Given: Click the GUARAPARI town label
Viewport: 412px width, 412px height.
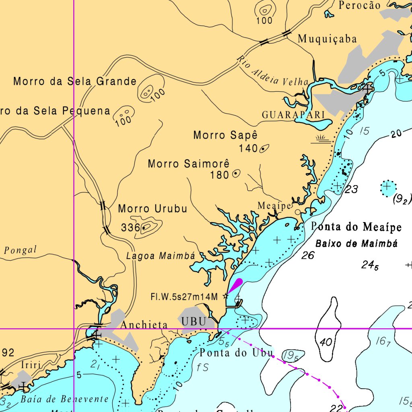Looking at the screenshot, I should [293, 115].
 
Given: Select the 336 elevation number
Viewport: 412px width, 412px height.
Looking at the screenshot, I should [130, 228].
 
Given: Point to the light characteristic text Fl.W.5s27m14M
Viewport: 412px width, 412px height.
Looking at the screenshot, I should [184, 297].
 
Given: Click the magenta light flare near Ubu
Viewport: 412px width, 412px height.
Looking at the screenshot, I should [235, 286].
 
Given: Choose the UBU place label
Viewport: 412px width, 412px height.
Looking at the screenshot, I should [193, 321].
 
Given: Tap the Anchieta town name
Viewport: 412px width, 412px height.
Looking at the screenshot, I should [144, 325].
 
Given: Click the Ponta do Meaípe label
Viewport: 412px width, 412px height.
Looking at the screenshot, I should [356, 227].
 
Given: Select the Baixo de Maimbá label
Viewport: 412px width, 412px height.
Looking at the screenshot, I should [356, 243].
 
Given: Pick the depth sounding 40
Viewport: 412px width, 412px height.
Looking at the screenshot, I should [326, 342].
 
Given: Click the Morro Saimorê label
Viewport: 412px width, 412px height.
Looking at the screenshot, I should [189, 164].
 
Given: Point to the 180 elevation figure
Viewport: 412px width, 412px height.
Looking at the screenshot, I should [219, 175].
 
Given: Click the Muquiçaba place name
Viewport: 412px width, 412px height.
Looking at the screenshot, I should [327, 39].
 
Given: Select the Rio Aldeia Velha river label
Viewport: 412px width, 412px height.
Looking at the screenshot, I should [272, 72].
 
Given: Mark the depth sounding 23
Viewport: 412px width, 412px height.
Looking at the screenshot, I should [351, 189].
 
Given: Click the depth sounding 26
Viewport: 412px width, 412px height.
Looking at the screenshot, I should [308, 255].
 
